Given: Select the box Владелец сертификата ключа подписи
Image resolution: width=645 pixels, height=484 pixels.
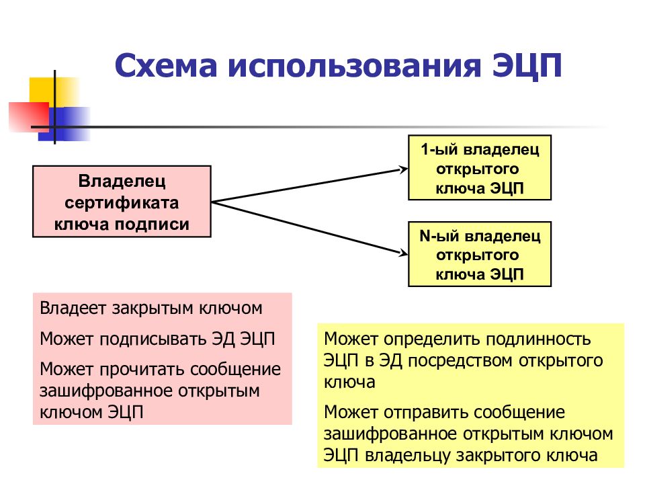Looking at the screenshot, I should (122, 202).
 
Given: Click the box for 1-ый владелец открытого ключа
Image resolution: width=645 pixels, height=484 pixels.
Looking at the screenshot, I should (480, 167).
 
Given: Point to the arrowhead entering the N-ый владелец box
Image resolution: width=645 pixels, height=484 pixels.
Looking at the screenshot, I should (403, 254).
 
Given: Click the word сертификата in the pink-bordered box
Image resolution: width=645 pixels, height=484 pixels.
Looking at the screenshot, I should (122, 202).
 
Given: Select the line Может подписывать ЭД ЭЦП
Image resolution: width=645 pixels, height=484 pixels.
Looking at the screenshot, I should (157, 338).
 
